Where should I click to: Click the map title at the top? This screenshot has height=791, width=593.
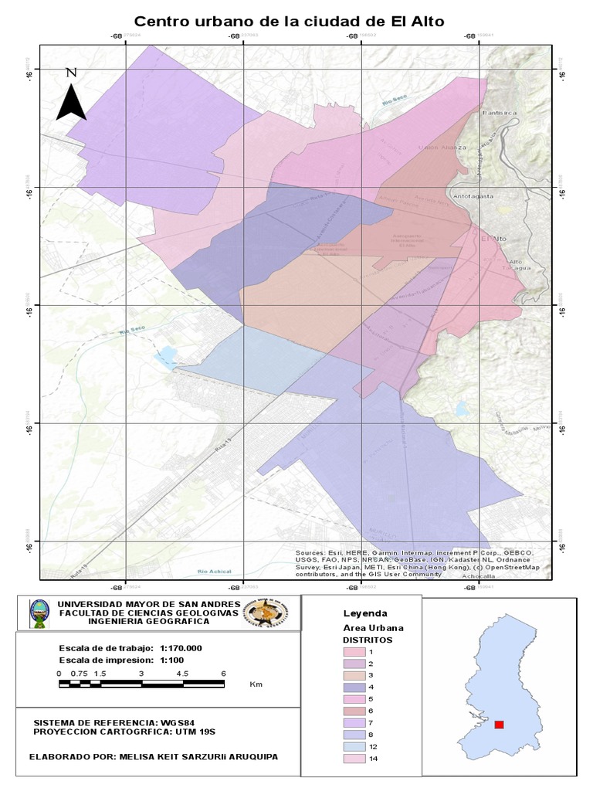[x=290, y=22]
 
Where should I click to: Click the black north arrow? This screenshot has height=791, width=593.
[x=71, y=95]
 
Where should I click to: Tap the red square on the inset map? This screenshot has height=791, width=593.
[x=499, y=725]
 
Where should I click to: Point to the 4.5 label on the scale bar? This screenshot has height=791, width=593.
[x=182, y=674]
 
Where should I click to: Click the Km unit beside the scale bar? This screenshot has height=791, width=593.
[x=256, y=684]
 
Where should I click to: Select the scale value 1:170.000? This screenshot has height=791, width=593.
[x=181, y=648]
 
